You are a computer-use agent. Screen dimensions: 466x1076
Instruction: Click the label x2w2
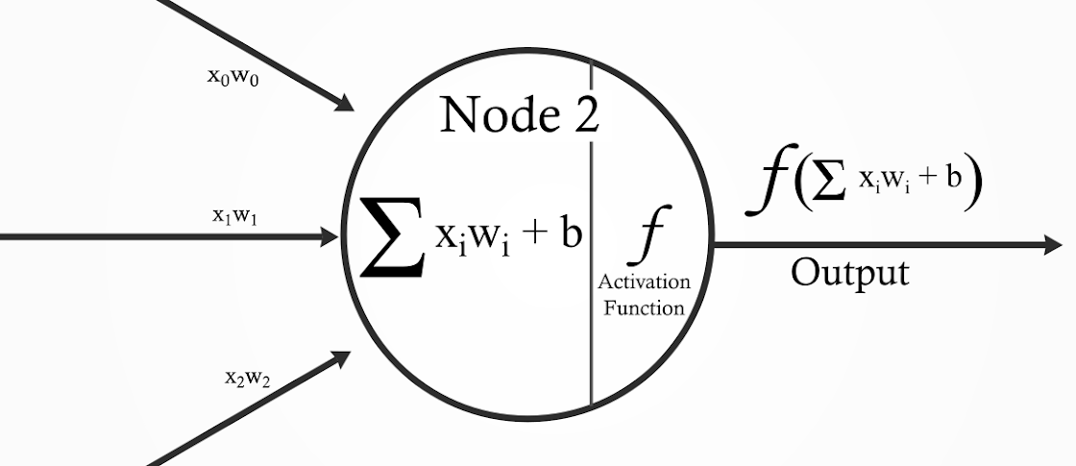pyautogui.click(x=248, y=378)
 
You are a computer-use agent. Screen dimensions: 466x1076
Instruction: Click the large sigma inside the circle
pyautogui.click(x=391, y=236)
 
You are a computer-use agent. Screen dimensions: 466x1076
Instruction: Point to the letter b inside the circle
pyautogui.click(x=571, y=233)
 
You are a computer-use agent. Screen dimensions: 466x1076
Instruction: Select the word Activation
pyautogui.click(x=644, y=282)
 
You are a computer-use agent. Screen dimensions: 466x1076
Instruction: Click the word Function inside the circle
pyautogui.click(x=644, y=307)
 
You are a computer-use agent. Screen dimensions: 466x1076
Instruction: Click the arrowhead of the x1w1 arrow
pyautogui.click(x=330, y=235)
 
